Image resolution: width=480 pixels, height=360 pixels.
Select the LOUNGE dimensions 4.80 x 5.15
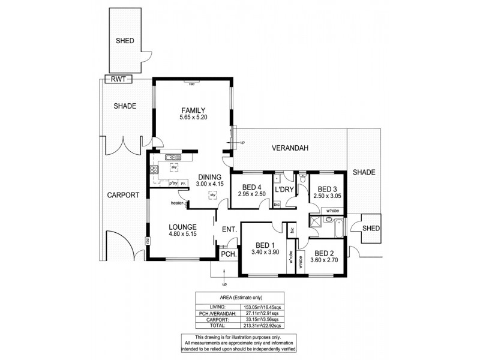(x=183, y=235)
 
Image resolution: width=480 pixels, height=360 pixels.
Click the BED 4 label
(x=251, y=186)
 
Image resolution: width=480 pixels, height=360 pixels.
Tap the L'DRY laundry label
(x=283, y=190)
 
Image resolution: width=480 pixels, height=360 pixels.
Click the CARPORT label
(x=123, y=195)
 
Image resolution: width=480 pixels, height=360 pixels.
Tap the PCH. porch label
(x=227, y=254)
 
